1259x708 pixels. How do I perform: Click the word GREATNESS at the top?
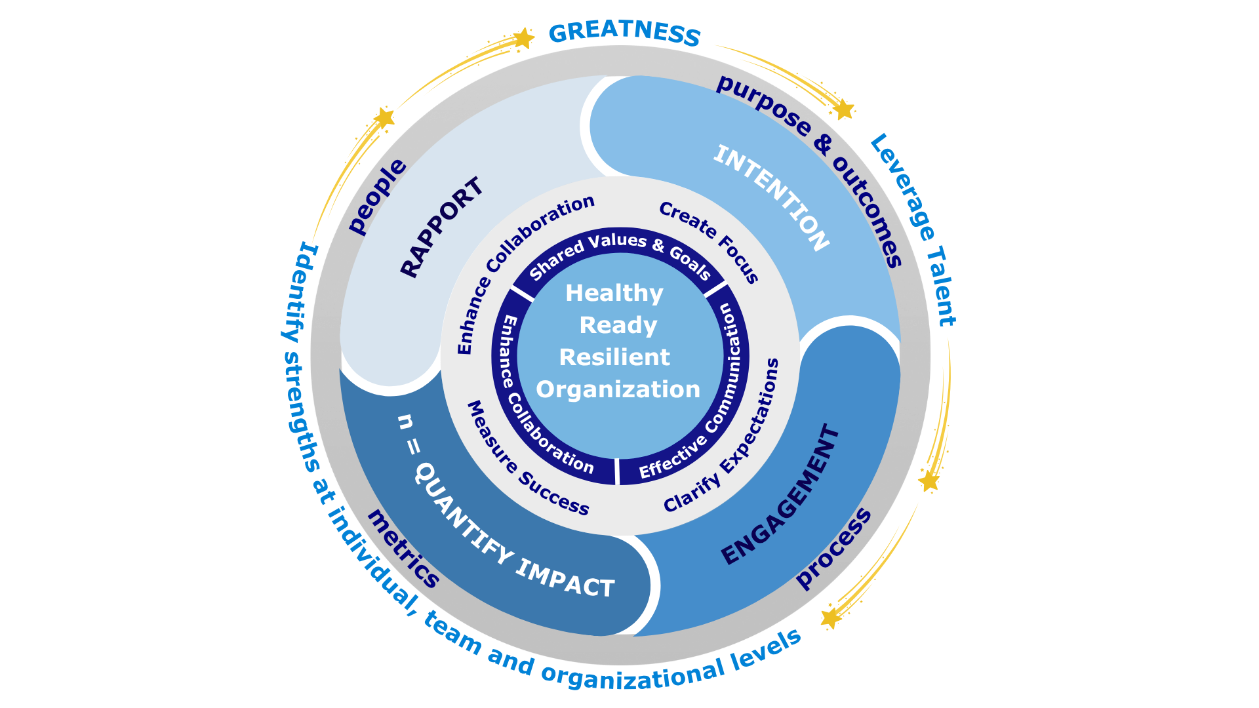point(624,33)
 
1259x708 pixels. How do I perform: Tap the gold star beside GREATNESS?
point(523,39)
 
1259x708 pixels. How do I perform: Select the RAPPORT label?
point(442,227)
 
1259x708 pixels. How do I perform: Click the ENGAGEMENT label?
point(780,495)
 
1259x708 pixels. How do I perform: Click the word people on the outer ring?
point(376,196)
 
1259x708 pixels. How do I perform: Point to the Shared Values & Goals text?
point(620,252)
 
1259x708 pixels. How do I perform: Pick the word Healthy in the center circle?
point(614,293)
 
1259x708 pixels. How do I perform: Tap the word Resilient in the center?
point(614,357)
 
